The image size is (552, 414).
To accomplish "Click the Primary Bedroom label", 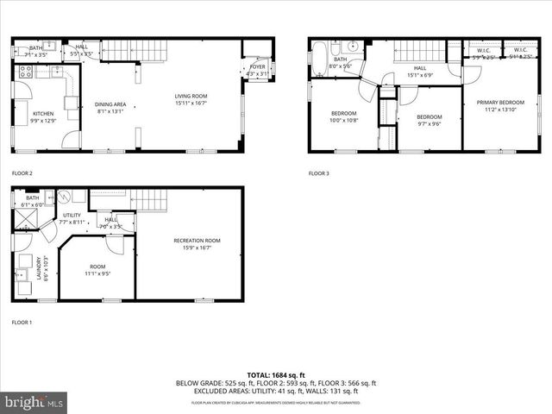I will (499, 106).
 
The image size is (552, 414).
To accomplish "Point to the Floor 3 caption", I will (319, 173).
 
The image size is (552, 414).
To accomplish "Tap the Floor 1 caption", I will (22, 322).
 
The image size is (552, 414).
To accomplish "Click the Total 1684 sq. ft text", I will (275, 375).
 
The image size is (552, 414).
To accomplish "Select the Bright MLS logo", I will (34, 401).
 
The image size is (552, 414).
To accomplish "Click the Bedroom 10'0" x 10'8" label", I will (344, 116).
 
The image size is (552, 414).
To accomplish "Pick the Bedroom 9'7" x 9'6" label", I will (429, 120).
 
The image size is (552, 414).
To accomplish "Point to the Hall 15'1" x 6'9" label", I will (419, 70).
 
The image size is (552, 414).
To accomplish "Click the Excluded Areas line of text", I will (275, 391).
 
